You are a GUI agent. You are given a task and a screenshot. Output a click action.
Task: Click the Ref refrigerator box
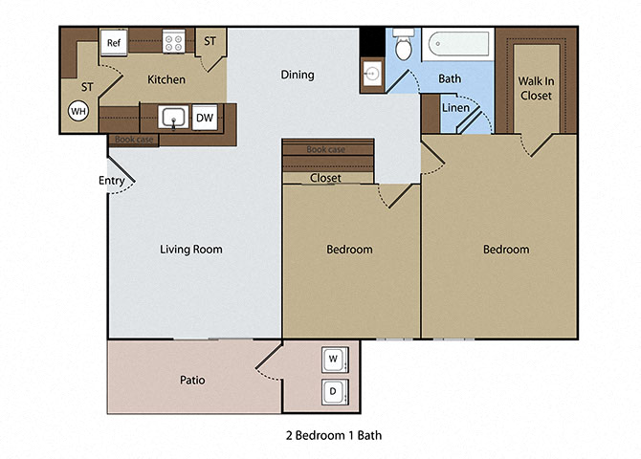pyautogui.click(x=114, y=43)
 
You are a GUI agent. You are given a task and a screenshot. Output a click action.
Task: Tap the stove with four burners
pyautogui.click(x=174, y=42)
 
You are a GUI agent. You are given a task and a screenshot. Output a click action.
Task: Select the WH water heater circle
pyautogui.click(x=77, y=111)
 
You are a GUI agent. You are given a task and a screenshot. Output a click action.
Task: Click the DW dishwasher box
pyautogui.click(x=205, y=118)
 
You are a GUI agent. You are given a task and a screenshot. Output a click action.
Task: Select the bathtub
pyautogui.click(x=458, y=44)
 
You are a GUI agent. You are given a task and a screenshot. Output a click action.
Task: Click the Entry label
pyautogui.click(x=112, y=181)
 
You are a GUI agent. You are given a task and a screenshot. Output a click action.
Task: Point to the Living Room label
pyautogui.click(x=191, y=250)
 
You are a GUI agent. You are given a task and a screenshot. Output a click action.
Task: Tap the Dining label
pyautogui.click(x=298, y=75)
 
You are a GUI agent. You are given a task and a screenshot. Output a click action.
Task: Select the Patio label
pyautogui.click(x=192, y=380)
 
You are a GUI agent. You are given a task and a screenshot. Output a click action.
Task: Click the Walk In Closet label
pyautogui.click(x=537, y=89)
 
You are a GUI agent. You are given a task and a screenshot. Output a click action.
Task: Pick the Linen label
pyautogui.click(x=455, y=107)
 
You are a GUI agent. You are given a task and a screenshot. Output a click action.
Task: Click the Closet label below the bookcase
pyautogui.click(x=326, y=178)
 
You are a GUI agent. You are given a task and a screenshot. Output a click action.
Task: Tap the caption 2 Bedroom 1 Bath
pyautogui.click(x=333, y=435)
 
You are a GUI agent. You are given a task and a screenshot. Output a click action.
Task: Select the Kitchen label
pyautogui.click(x=166, y=79)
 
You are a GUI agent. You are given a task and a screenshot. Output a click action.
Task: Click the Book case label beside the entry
pyautogui.click(x=134, y=140)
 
